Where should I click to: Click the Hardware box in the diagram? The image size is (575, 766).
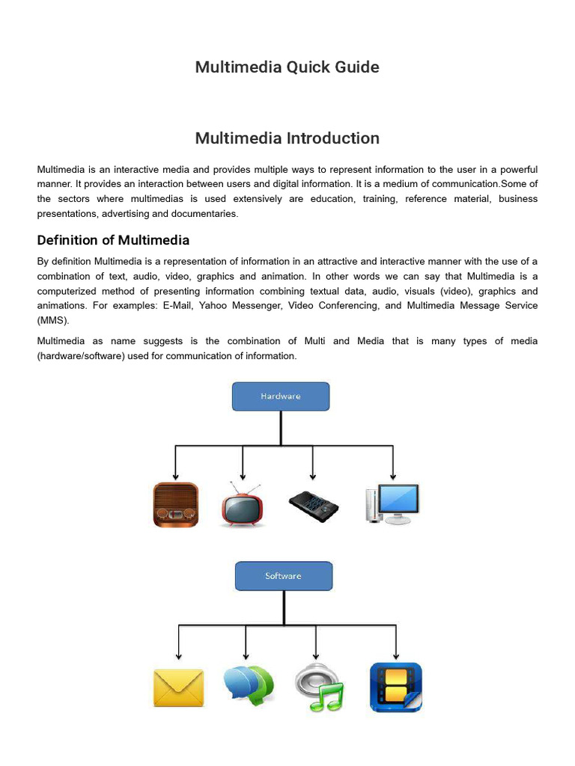click(x=281, y=396)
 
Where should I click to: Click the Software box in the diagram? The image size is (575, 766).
click(x=284, y=576)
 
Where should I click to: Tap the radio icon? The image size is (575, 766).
click(x=176, y=505)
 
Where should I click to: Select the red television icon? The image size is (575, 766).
click(x=243, y=505)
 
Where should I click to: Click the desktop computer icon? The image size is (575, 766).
click(x=392, y=503)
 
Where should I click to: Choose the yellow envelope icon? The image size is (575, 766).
click(x=178, y=687)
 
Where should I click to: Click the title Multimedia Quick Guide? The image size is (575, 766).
click(x=287, y=67)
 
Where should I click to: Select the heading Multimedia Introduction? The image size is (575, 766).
click(x=287, y=138)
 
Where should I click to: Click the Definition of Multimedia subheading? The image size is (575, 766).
click(x=113, y=240)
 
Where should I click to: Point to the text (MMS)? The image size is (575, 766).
click(x=52, y=320)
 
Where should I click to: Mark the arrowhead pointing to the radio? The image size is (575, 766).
click(x=175, y=476)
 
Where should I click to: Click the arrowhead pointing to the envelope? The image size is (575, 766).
click(x=178, y=655)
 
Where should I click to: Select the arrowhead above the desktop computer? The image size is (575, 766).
click(x=393, y=476)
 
